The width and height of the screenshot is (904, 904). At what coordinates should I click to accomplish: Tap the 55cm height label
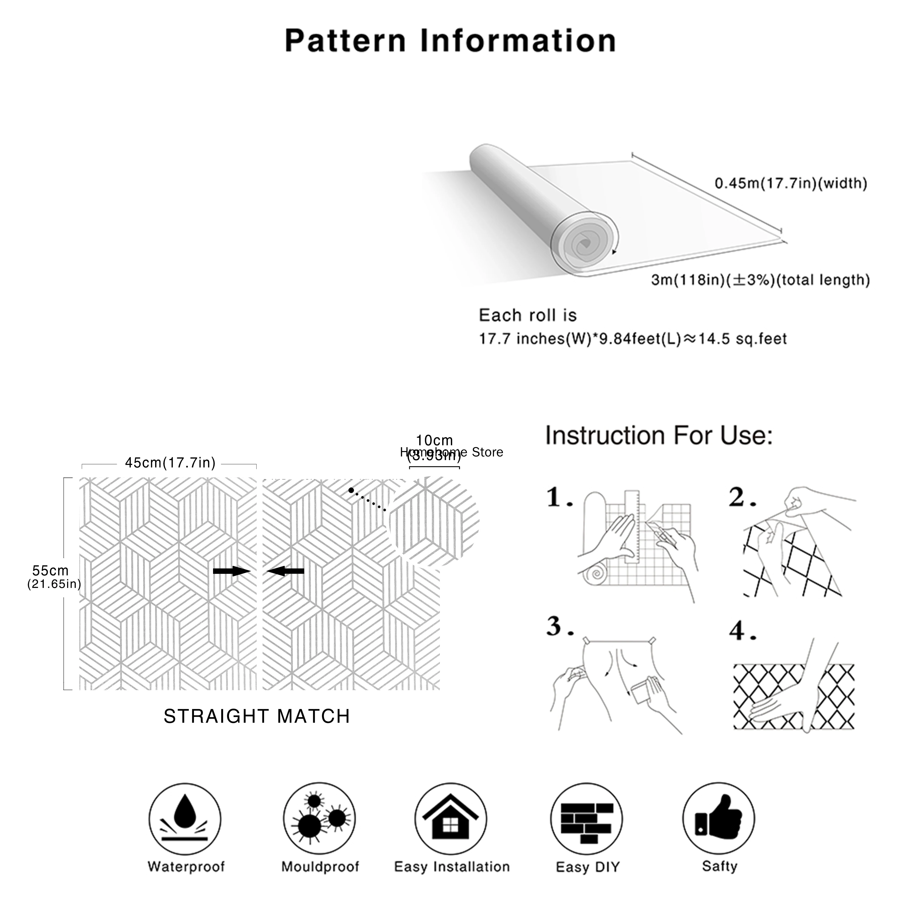pos(51,571)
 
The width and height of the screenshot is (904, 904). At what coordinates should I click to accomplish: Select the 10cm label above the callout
pos(434,440)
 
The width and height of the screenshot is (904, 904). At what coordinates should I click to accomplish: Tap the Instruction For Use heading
pos(659,436)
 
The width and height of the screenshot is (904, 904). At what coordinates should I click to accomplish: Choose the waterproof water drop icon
pos(185,819)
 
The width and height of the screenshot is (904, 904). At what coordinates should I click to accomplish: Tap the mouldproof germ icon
pos(319,819)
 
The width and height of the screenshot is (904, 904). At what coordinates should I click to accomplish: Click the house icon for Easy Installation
pos(450,819)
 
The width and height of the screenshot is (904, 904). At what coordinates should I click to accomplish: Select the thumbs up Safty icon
pos(718,819)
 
